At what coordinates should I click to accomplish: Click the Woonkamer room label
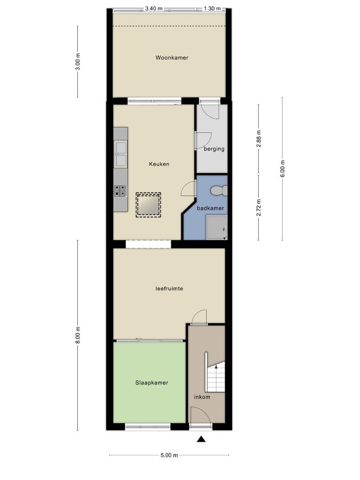172,58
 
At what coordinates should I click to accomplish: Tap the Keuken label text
159,164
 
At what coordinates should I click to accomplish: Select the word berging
214,149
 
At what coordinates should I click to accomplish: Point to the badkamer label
210,208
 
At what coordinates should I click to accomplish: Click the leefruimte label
169,289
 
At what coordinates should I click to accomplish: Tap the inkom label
202,397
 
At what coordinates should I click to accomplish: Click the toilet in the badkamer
218,190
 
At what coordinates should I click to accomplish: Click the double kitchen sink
121,154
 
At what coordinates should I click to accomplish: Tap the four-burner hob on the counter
121,190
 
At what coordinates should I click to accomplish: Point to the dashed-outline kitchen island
148,204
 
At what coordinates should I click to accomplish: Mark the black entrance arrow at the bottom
202,439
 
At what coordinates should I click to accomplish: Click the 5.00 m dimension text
169,455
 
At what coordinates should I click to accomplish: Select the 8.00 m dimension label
78,335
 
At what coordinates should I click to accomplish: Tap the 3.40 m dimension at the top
154,9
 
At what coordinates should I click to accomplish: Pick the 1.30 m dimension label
212,9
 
